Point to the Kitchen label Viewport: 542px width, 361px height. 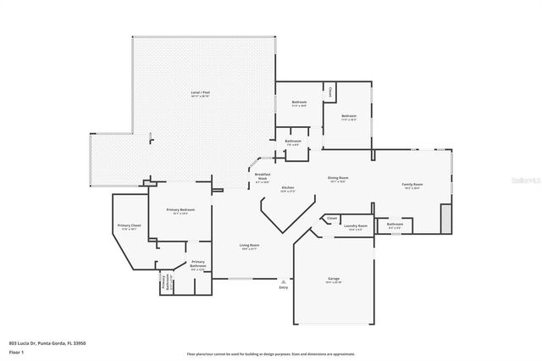288,187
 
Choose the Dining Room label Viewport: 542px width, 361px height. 339,178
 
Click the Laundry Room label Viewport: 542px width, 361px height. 355,225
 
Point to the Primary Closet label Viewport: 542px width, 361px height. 130,225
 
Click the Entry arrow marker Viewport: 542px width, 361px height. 284,281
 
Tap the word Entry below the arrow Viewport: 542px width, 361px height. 284,288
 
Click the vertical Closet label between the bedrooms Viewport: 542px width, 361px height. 330,91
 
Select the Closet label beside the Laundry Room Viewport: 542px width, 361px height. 332,219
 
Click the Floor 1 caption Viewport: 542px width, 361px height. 16,352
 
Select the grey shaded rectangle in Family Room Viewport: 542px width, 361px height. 446,217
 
